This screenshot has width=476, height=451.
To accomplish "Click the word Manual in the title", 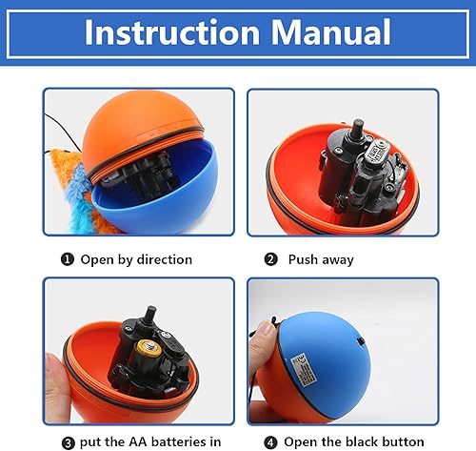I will (x=329, y=32).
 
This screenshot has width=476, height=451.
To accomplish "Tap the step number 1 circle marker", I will (x=69, y=259).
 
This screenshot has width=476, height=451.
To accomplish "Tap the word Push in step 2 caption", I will (x=310, y=259).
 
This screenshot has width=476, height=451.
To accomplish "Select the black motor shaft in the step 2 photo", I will (x=359, y=129).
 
